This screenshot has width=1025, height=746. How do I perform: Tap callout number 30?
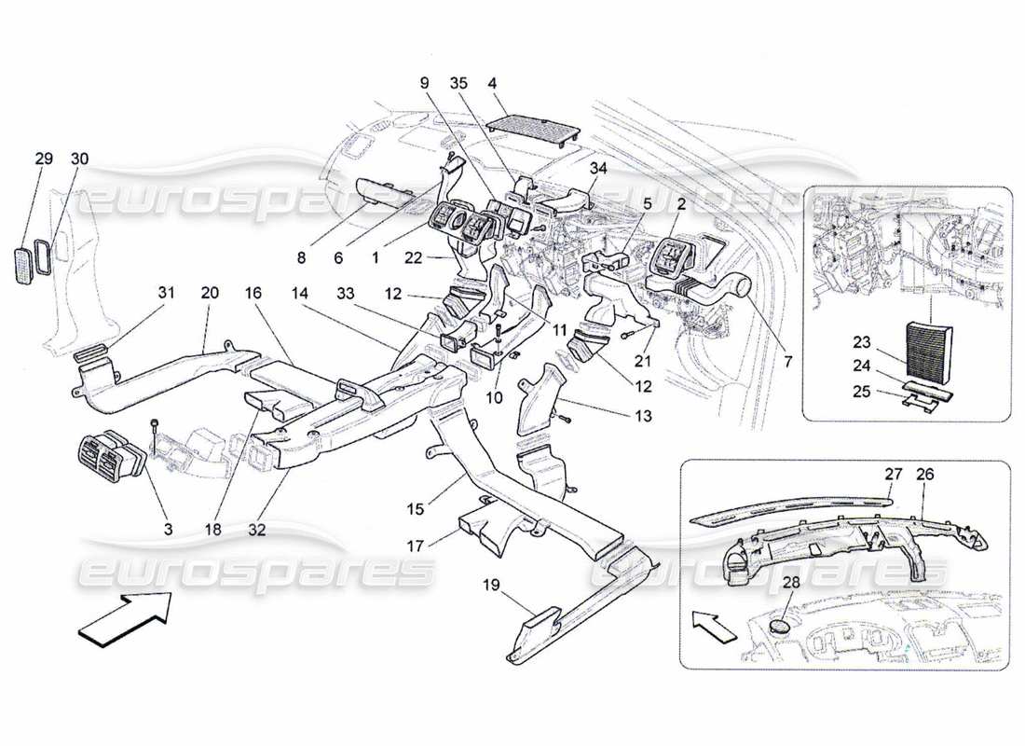click(x=79, y=159)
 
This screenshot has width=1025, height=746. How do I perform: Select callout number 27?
click(x=894, y=473)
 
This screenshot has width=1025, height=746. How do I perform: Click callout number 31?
click(x=166, y=293)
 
